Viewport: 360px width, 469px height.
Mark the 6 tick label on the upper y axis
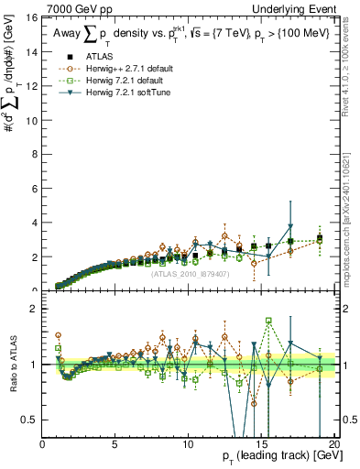33,189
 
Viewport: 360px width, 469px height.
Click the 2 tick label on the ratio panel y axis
33,310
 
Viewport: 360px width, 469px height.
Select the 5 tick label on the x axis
115,444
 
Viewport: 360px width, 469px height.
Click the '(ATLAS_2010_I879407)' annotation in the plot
191,272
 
